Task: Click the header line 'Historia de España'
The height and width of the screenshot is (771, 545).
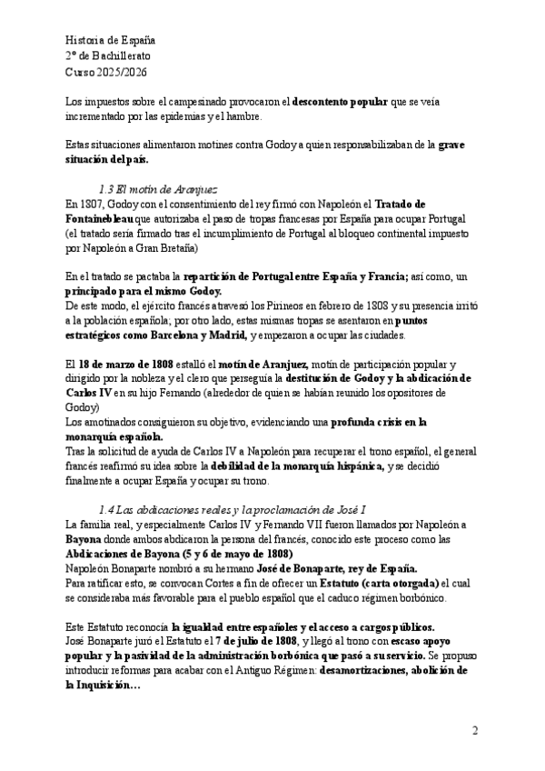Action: click(x=111, y=41)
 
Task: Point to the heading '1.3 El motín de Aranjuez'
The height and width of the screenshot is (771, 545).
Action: click(x=157, y=190)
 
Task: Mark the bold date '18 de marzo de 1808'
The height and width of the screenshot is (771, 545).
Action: click(x=139, y=365)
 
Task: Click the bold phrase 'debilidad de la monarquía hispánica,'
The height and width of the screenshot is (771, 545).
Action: click(x=287, y=466)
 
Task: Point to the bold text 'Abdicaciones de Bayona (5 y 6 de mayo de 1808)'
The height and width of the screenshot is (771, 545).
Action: click(x=178, y=554)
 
